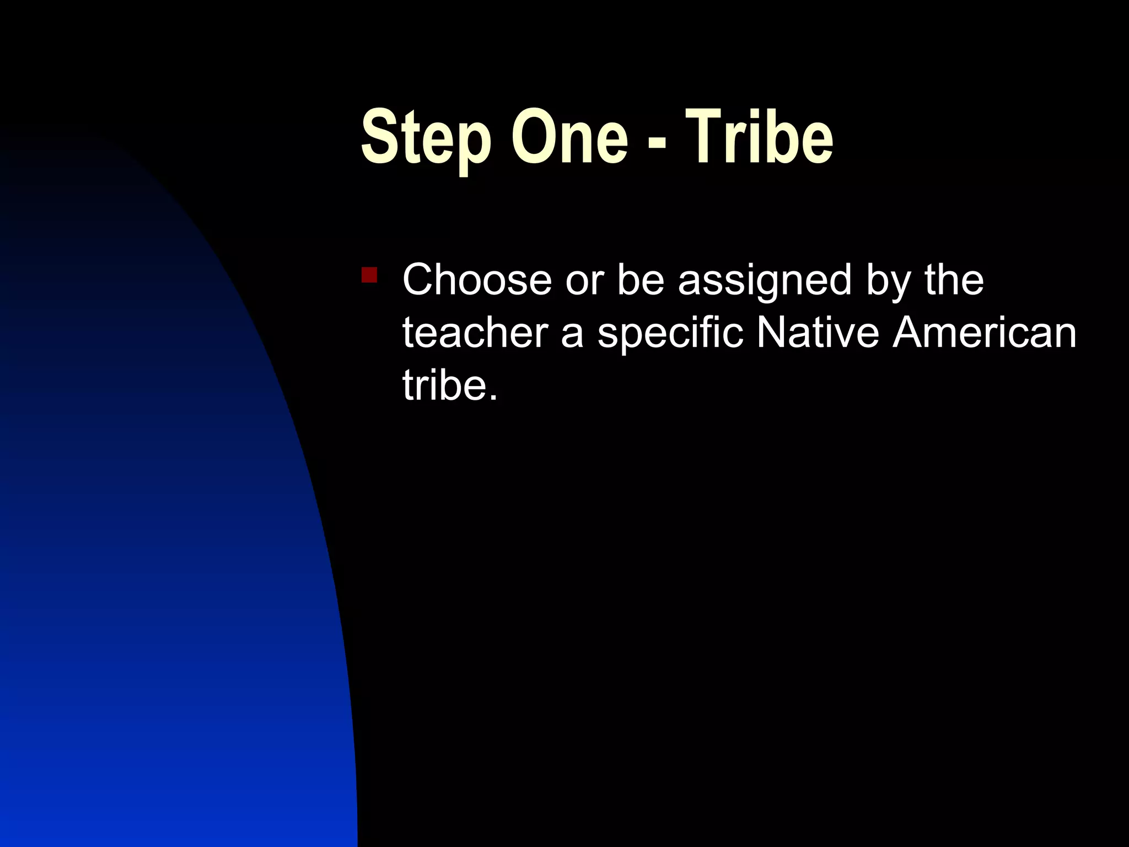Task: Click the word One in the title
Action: (x=569, y=138)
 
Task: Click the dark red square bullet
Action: (x=369, y=275)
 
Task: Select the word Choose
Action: (x=477, y=280)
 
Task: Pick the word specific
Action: (x=670, y=334)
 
